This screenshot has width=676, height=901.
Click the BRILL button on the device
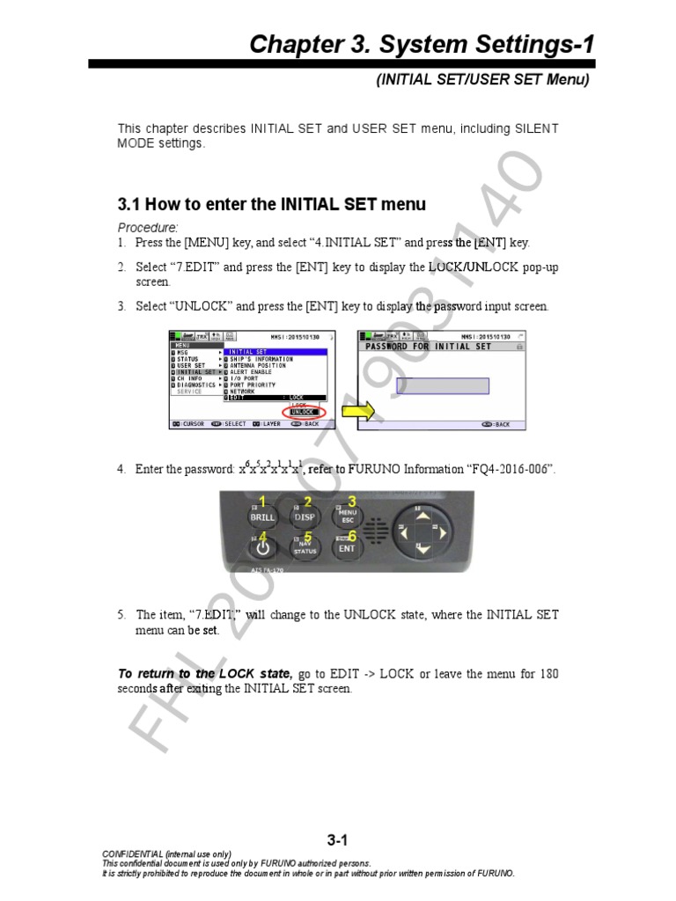point(262,516)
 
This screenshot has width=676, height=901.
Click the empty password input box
point(442,385)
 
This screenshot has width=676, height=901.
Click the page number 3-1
point(337,840)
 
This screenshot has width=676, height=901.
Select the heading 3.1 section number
point(129,204)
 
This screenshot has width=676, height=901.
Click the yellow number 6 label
point(352,535)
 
